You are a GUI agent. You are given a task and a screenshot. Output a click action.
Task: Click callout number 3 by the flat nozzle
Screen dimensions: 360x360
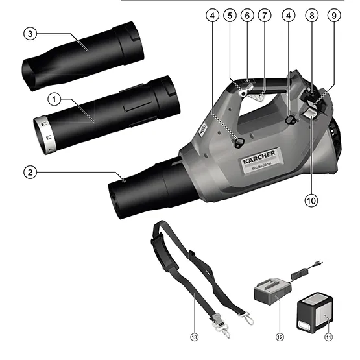30,34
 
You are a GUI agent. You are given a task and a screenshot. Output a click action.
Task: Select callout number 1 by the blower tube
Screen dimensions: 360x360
54,100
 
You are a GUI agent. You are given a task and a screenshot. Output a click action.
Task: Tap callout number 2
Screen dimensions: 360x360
30,172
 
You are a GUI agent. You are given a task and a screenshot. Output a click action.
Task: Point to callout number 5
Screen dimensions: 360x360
230,16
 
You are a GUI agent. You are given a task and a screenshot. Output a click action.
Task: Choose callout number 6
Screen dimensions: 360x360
247,16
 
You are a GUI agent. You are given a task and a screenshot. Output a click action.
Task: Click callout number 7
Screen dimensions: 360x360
265,16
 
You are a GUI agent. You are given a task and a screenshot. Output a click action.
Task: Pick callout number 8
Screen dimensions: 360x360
312,16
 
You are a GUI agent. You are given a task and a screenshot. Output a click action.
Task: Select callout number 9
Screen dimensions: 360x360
334,16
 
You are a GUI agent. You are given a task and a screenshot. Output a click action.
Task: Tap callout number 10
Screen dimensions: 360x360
311,200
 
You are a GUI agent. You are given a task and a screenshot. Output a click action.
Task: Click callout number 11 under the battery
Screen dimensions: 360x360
329,337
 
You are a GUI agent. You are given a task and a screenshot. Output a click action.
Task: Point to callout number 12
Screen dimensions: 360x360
280,337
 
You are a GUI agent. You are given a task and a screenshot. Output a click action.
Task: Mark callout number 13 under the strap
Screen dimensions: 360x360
194,337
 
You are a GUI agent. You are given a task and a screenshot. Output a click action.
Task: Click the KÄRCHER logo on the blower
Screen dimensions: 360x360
259,157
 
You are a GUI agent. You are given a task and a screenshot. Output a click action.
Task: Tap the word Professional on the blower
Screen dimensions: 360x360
262,166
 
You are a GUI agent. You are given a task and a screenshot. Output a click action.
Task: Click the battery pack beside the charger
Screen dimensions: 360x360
315,313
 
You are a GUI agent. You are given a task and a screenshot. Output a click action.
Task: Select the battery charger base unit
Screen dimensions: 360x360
272,291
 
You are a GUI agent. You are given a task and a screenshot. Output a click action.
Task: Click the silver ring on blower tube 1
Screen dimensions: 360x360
44,134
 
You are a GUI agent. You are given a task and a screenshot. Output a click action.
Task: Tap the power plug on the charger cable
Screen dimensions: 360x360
318,264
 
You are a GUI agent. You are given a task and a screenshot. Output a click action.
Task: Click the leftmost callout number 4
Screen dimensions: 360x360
213,16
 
